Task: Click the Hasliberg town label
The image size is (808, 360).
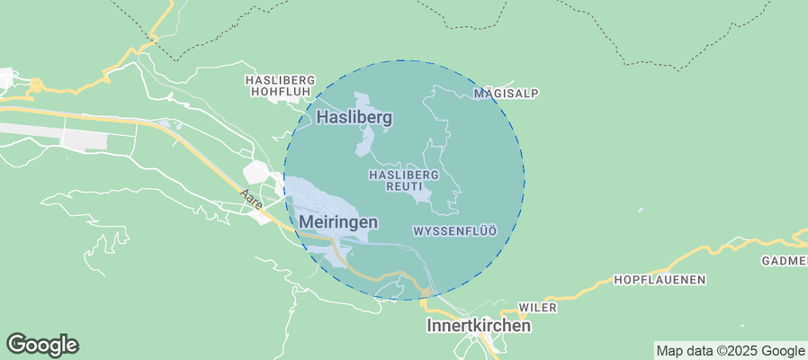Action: [354, 117]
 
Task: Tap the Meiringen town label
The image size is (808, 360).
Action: [338, 221]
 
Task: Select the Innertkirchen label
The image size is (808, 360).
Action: [478, 326]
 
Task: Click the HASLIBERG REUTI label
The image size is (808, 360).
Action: [403, 179]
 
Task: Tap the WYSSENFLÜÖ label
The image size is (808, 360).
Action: [454, 231]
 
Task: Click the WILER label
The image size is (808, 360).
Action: [538, 308]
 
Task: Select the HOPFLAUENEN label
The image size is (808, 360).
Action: [659, 280]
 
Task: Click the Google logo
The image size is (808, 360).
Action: [42, 344]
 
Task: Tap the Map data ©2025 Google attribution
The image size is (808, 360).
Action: [730, 351]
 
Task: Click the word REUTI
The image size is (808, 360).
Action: [403, 185]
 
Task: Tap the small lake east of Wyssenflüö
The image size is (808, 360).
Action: [640, 211]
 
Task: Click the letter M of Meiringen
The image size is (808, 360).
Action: [307, 221]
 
